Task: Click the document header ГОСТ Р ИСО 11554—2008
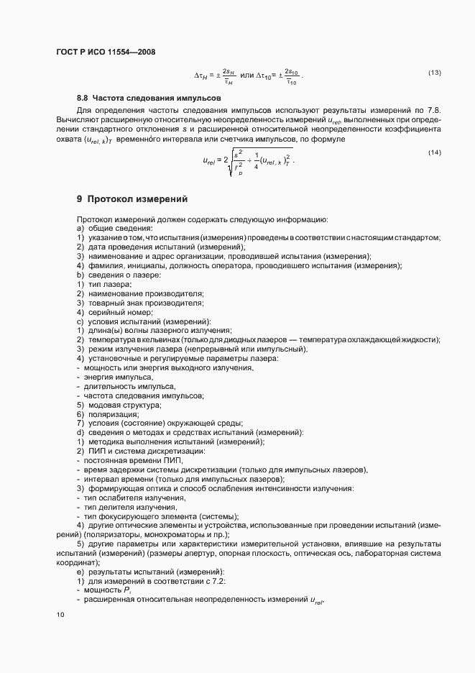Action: (105, 52)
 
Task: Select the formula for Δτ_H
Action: (215, 75)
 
